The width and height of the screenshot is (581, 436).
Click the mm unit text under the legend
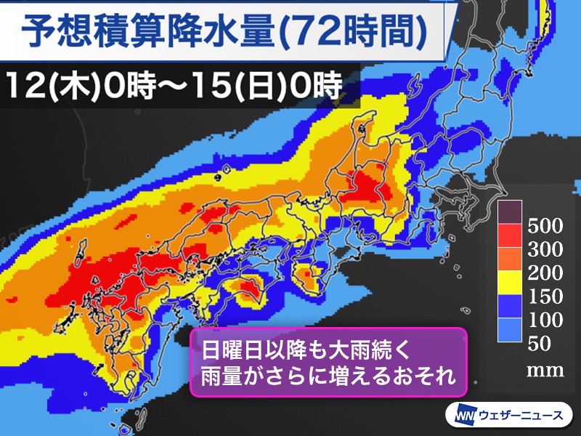coord(545,371)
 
